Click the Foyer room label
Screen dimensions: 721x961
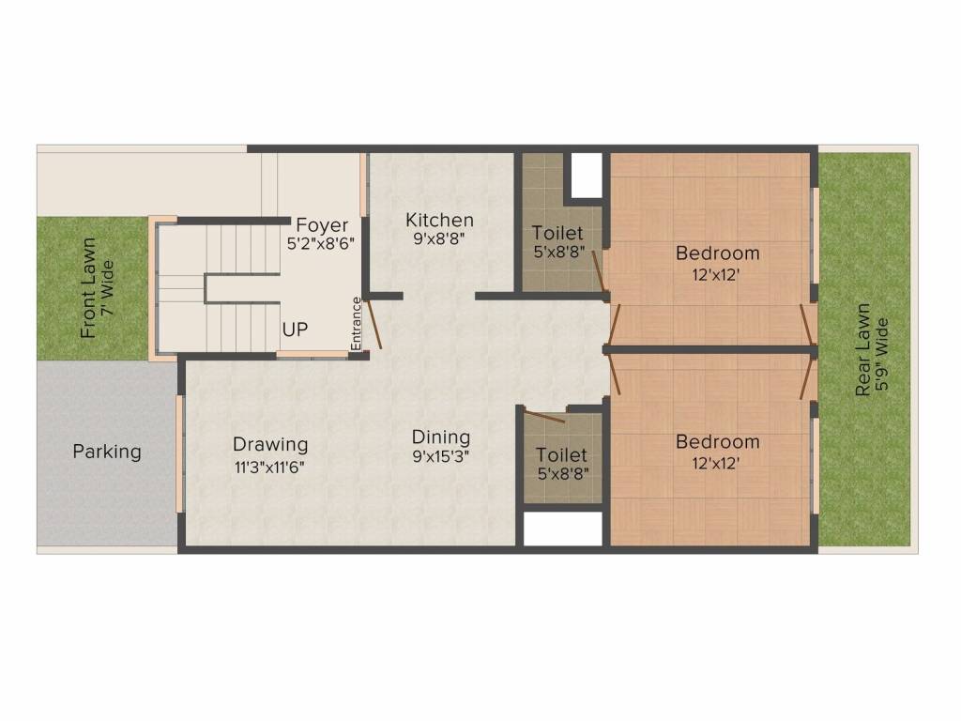pos(322,225)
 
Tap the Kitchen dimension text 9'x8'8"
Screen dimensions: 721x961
pos(439,238)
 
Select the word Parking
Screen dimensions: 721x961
pos(107,452)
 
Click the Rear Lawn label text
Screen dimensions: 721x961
pos(862,349)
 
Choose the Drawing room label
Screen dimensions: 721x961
pos(270,444)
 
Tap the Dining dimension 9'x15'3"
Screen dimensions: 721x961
pos(441,457)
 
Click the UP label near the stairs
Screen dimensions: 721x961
pos(296,330)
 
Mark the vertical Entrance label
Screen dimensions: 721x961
pos(356,323)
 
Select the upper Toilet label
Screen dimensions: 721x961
pos(557,233)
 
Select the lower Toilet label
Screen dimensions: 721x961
pos(561,454)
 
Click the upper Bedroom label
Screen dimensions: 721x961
pos(717,253)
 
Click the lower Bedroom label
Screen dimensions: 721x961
pos(717,441)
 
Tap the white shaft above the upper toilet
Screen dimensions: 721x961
pos(587,175)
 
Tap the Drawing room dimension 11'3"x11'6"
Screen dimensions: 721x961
pos(270,465)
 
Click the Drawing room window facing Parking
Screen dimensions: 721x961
pos(180,453)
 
